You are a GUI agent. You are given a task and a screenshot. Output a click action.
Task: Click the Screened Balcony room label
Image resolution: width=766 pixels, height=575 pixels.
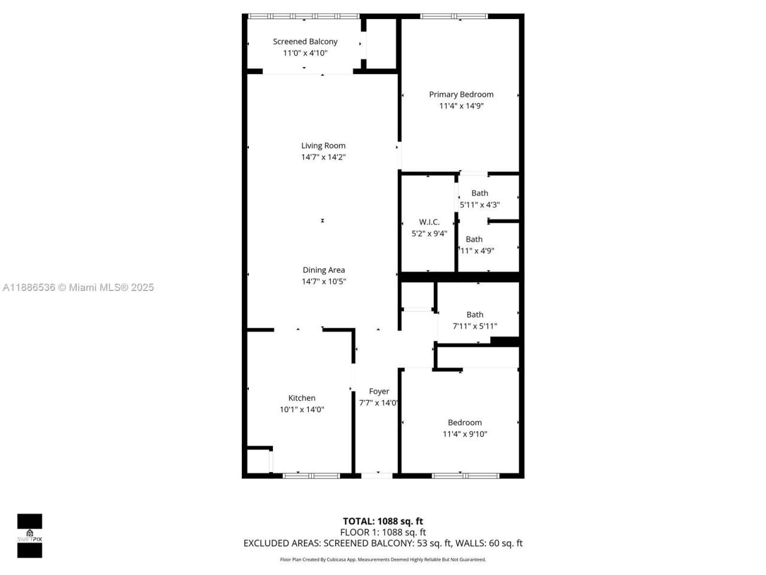tap(305, 41)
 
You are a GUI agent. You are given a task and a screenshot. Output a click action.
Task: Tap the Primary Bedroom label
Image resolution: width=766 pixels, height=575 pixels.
tap(461, 94)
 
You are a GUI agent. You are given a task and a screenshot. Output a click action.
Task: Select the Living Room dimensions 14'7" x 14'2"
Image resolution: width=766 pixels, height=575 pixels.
tap(323, 157)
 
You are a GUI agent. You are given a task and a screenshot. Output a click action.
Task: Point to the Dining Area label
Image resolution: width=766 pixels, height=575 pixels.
tap(323, 270)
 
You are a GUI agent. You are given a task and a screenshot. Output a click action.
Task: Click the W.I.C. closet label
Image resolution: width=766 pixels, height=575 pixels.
tap(429, 222)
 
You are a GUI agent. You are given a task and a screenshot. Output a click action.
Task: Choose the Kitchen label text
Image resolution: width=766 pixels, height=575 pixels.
tap(302, 398)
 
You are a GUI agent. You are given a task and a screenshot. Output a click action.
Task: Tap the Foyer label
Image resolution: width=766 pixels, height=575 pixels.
tap(379, 391)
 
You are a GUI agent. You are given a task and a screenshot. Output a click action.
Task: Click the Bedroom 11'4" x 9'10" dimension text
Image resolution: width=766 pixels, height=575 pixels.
tap(464, 434)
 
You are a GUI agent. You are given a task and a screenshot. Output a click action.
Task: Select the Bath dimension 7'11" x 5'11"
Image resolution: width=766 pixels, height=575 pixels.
tap(475, 326)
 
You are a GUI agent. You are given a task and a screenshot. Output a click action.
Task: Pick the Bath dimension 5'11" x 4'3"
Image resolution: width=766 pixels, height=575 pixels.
tap(479, 205)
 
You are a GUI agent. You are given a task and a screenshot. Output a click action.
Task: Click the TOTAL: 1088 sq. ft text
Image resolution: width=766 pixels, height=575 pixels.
tap(382, 521)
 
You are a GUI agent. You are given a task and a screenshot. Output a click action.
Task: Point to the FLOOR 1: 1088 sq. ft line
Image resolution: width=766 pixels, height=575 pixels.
tap(382, 532)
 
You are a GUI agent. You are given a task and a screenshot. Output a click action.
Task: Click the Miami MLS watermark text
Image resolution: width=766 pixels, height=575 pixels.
tap(78, 287)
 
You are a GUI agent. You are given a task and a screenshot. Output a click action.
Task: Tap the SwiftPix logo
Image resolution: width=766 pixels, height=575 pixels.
tap(29, 535)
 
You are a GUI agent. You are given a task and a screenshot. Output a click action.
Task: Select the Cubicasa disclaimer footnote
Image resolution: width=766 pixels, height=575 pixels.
tap(382, 559)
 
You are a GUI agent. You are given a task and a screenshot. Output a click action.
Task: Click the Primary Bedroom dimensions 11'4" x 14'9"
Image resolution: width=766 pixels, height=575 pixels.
tap(461, 106)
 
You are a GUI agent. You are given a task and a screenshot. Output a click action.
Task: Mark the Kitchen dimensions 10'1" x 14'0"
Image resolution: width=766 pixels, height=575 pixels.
tap(302, 410)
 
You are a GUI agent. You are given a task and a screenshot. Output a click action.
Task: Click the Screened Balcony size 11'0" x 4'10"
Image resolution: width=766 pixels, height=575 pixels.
tap(305, 53)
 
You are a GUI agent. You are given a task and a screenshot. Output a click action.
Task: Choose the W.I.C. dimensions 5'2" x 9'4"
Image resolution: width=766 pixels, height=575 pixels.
tap(429, 234)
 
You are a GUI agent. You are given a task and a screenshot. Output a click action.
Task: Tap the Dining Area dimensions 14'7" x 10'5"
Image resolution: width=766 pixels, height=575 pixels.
tap(323, 282)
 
